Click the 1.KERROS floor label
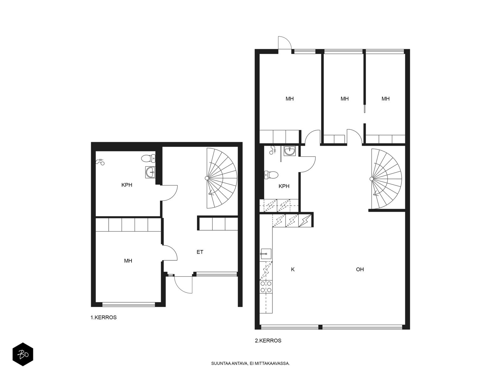point(103,317)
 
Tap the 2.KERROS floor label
point(268,340)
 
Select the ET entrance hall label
point(200,252)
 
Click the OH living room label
point(360,269)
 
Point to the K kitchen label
point(292,269)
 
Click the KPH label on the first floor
point(127,185)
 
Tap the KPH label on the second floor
point(284,186)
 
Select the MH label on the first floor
point(128,260)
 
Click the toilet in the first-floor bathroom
point(148,158)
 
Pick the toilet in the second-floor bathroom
point(271,175)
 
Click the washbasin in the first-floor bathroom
point(150,172)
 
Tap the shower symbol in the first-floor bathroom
point(100,162)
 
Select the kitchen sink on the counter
point(266,253)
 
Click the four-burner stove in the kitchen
point(266,287)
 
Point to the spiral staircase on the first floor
point(221,178)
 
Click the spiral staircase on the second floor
point(386,179)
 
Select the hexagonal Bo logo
point(23,354)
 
